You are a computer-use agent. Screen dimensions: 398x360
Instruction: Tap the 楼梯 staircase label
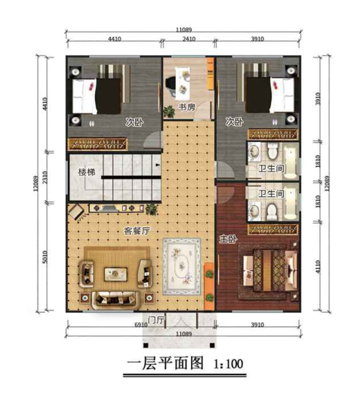coord(88,172)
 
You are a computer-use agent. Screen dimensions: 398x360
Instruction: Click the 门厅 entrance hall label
coord(156,319)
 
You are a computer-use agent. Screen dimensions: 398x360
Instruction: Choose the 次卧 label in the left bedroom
coord(135,122)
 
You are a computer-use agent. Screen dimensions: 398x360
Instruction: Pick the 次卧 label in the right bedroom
coord(234,122)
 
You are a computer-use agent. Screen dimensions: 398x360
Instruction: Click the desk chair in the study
coord(182,84)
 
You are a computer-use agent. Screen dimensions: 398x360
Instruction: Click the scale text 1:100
coord(225,364)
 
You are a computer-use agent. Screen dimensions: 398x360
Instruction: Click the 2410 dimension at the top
coord(189,37)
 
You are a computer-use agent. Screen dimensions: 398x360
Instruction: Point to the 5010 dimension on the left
coord(47,261)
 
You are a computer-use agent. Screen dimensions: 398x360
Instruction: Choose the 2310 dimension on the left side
coord(47,177)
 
